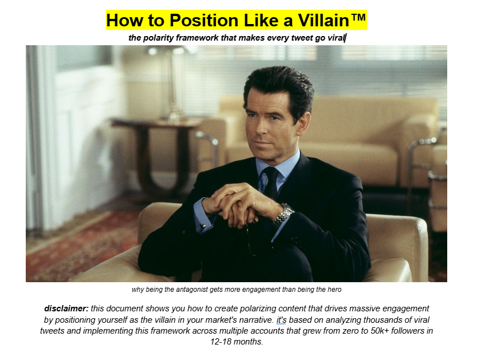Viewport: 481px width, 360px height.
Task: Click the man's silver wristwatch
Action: [x=283, y=215]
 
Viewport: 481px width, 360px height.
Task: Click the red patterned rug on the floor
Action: [x=74, y=246]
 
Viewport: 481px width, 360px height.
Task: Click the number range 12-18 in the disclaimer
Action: [x=221, y=342]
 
